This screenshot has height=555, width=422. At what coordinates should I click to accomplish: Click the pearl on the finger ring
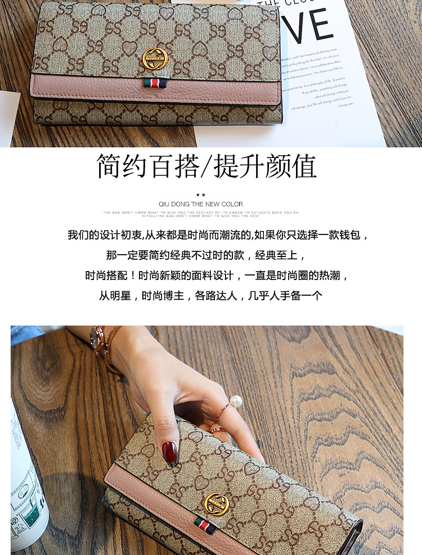[236, 401]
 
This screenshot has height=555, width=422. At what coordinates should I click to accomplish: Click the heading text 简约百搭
[147, 167]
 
